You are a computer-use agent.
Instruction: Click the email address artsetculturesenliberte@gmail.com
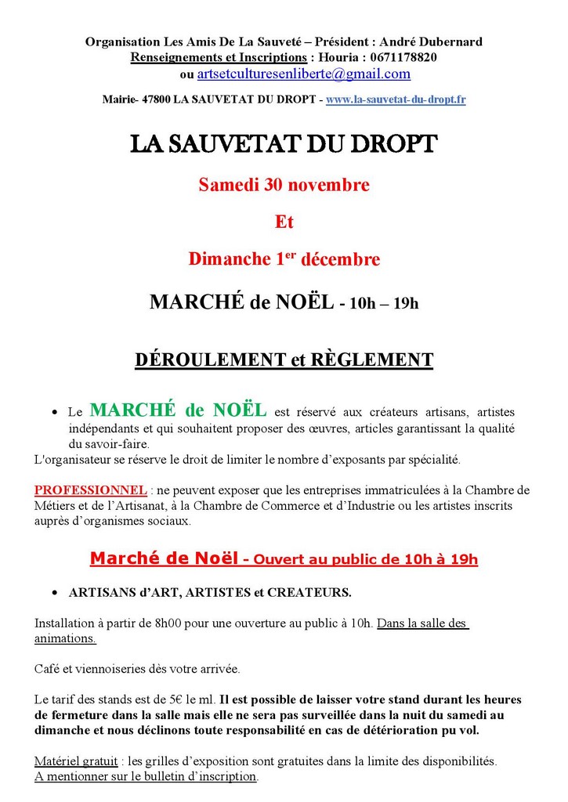click(303, 74)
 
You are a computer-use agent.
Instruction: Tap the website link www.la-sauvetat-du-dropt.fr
click(396, 99)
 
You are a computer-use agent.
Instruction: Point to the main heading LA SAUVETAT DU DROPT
click(284, 146)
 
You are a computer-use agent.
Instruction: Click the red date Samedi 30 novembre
click(284, 186)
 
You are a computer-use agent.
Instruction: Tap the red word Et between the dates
click(284, 222)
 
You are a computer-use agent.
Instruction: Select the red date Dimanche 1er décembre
click(284, 259)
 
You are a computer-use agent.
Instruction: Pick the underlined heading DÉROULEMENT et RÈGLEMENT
click(284, 359)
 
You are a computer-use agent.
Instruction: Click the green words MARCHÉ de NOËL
click(178, 410)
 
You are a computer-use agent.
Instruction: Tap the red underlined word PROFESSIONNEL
click(90, 490)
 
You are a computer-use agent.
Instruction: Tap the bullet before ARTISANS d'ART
click(55, 593)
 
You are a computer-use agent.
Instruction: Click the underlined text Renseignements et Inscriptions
click(219, 57)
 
